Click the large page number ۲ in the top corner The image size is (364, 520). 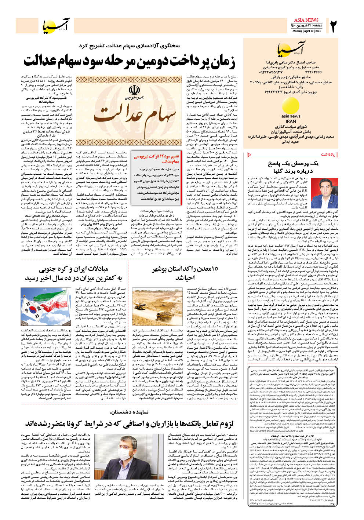[332, 26]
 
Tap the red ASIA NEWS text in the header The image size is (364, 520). [306, 20]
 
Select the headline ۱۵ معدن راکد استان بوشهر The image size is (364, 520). [185, 270]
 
